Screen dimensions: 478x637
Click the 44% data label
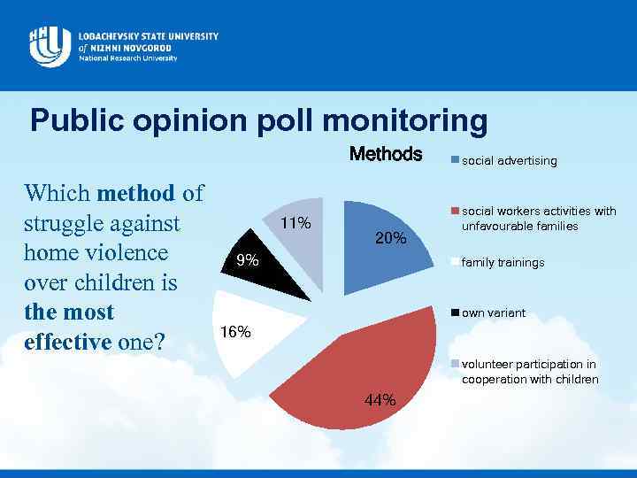[x=380, y=400]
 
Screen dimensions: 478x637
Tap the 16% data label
[x=235, y=332]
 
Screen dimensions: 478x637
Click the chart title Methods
[x=386, y=154]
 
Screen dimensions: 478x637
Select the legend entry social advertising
[x=509, y=161]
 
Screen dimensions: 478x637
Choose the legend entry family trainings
[x=503, y=263]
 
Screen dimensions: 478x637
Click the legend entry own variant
[x=493, y=313]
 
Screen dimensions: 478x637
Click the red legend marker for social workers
[x=456, y=212]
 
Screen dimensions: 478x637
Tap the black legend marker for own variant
[x=456, y=313]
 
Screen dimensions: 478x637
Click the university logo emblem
[x=50, y=45]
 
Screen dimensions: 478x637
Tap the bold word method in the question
[x=136, y=192]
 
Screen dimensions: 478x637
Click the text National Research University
[x=127, y=58]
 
